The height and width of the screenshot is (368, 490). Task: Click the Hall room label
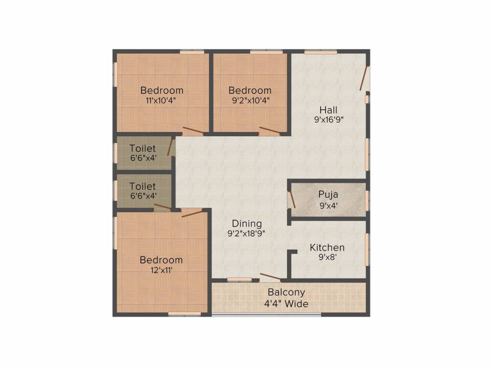coord(329,111)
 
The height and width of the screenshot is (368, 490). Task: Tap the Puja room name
coord(329,195)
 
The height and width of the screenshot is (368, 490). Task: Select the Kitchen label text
coord(327,248)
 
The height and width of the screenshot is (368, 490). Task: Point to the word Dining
coord(247,223)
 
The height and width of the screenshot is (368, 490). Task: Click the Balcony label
coord(286,292)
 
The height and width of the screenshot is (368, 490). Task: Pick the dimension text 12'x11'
coord(161,270)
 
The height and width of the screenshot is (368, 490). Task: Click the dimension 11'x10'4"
coord(162,100)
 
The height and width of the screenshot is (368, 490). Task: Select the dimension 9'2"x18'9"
coord(247,234)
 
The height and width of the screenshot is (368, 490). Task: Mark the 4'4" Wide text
coord(286,303)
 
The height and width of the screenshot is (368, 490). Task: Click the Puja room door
coord(291,199)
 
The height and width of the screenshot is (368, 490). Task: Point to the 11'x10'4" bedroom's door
coord(193,130)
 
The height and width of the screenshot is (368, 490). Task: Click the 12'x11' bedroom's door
coord(192,213)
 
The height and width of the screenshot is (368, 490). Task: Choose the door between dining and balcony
coord(270,276)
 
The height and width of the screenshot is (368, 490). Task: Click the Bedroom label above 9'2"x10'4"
coord(250,90)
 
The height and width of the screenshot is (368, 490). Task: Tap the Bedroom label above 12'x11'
coord(161,260)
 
